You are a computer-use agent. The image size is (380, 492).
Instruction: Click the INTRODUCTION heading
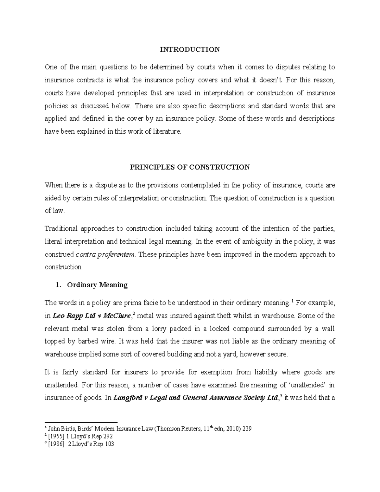pos(190,49)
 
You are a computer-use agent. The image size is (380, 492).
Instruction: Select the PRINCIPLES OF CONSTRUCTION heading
pos(190,167)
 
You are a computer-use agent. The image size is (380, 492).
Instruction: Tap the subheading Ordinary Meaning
pos(97,285)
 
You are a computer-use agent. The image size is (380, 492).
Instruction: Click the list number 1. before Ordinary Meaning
pos(58,285)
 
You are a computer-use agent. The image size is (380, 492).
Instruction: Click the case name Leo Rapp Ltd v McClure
pos(92,316)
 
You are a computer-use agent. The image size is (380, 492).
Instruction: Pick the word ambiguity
pos(247,241)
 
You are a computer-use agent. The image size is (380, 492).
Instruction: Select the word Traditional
pos(61,228)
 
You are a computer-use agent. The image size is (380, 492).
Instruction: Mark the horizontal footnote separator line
pos(81,422)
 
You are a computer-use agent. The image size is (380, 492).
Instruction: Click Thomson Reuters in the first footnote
pos(178,429)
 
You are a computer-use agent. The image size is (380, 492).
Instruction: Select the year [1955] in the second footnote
pos(56,436)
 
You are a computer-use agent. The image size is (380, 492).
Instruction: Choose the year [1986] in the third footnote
pos(56,444)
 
